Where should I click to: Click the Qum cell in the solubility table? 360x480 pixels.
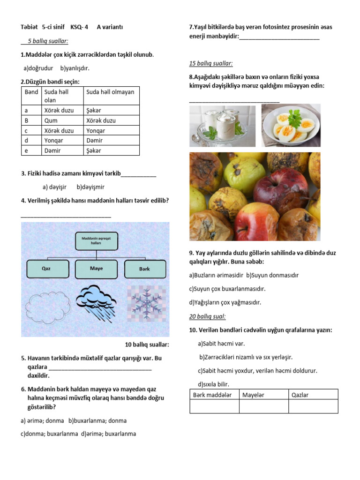pyautogui.click(x=51, y=120)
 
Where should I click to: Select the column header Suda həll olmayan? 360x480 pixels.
pyautogui.click(x=110, y=92)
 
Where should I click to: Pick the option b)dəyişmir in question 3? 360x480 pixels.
pyautogui.click(x=90, y=187)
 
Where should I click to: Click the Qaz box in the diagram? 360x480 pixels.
pyautogui.click(x=46, y=269)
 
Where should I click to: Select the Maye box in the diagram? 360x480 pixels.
pyautogui.click(x=96, y=269)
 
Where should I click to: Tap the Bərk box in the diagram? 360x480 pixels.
pyautogui.click(x=144, y=269)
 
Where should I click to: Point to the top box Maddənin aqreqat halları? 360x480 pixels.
pyautogui.click(x=96, y=241)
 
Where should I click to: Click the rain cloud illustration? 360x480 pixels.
pyautogui.click(x=96, y=300)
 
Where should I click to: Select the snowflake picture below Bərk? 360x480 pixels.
pyautogui.click(x=147, y=300)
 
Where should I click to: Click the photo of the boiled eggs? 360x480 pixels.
pyautogui.click(x=291, y=125)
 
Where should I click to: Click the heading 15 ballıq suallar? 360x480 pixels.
pyautogui.click(x=211, y=63)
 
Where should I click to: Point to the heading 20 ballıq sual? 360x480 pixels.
pyautogui.click(x=208, y=317)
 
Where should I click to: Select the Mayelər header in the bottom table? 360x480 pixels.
pyautogui.click(x=254, y=395)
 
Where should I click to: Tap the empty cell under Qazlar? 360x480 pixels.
pyautogui.click(x=313, y=406)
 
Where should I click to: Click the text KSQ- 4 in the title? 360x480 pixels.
pyautogui.click(x=79, y=27)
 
